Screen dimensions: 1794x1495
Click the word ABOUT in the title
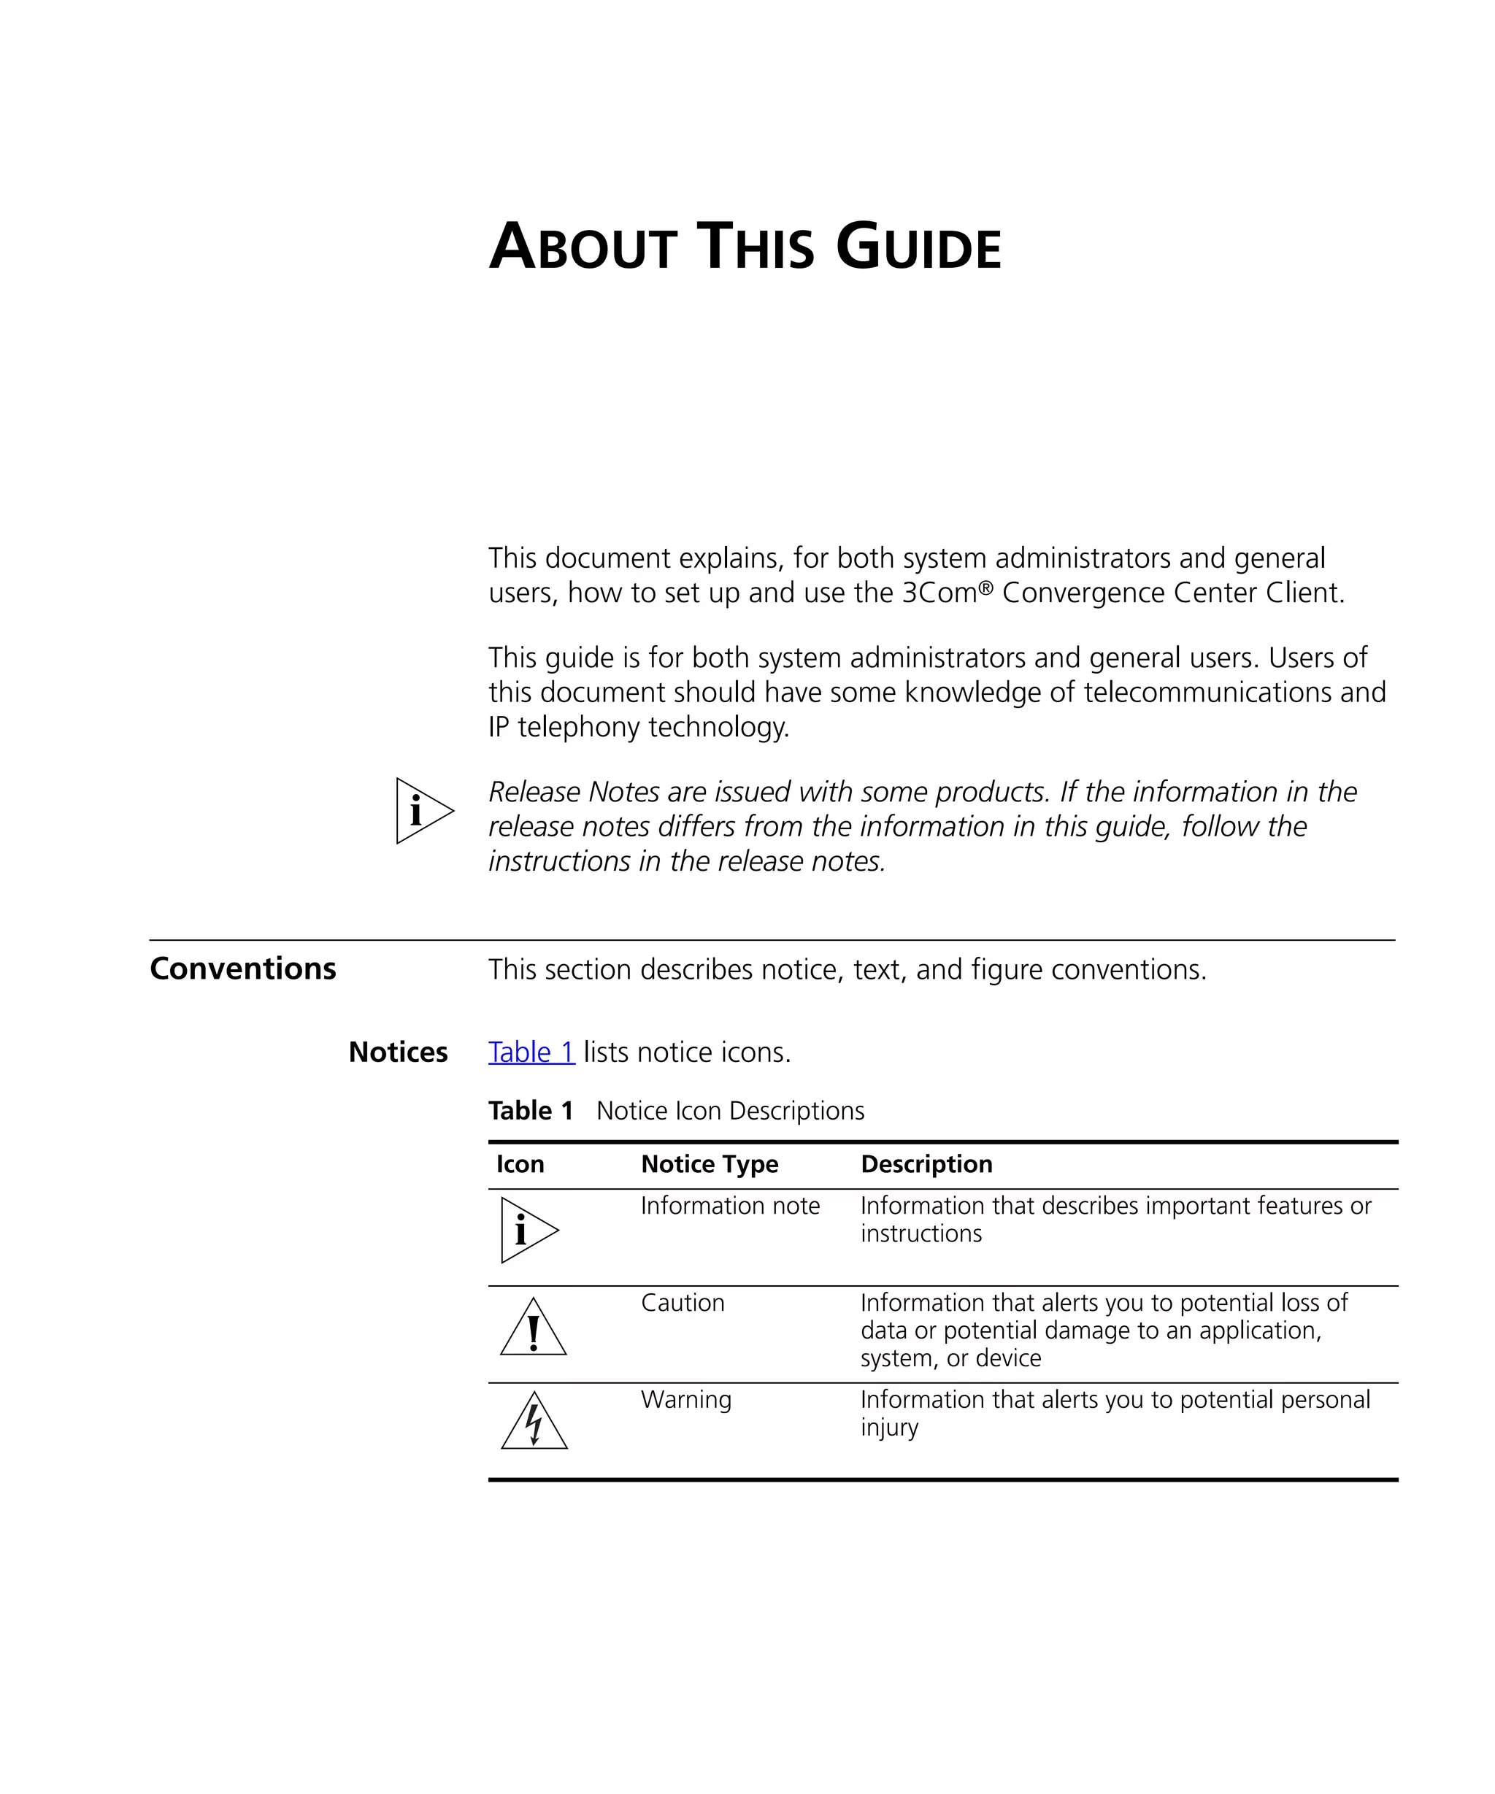(x=583, y=247)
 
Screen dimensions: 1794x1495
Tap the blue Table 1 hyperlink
(x=531, y=1052)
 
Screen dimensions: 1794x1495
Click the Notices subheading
(x=397, y=1052)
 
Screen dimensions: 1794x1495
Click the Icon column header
(x=520, y=1163)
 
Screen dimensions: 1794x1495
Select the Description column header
(x=926, y=1163)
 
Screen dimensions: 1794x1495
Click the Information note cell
(x=729, y=1206)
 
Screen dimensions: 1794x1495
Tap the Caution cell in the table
(x=682, y=1302)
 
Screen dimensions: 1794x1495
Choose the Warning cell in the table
(x=685, y=1399)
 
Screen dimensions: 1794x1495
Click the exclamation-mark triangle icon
(x=533, y=1329)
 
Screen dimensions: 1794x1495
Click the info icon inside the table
(x=527, y=1230)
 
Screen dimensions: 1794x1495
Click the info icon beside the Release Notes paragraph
(x=422, y=811)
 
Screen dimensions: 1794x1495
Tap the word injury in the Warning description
(x=888, y=1428)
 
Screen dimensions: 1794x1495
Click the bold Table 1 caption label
(x=530, y=1111)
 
